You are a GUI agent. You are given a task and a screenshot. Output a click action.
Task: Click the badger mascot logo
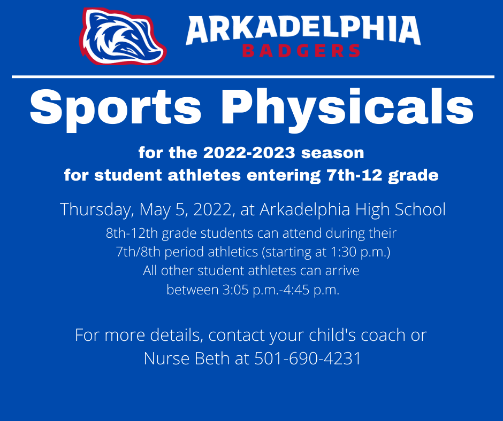coord(123,36)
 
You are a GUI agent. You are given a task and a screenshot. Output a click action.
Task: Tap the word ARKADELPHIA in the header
coord(303,30)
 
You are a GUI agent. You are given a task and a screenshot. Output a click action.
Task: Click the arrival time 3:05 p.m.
coord(227,291)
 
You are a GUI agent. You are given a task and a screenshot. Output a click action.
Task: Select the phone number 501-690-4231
coord(308,358)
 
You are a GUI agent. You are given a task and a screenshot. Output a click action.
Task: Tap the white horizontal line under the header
coord(251,77)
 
